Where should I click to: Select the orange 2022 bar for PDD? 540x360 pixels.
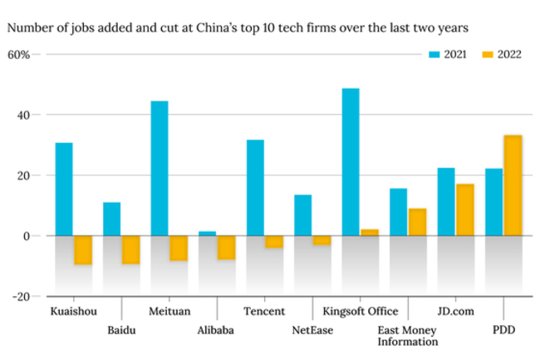pos(513,185)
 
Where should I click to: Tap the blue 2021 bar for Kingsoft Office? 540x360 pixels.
pos(351,162)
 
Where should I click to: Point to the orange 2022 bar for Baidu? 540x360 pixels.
pos(130,249)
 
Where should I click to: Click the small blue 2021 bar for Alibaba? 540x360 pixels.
pos(207,234)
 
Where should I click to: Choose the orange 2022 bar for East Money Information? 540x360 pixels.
pos(417,222)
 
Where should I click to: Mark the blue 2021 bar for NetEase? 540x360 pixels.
pos(302,215)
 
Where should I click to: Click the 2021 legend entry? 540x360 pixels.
pos(447,54)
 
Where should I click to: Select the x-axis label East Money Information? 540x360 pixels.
pos(407,335)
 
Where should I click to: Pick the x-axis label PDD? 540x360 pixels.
pos(503,330)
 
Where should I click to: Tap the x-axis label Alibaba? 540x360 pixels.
pos(215,330)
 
